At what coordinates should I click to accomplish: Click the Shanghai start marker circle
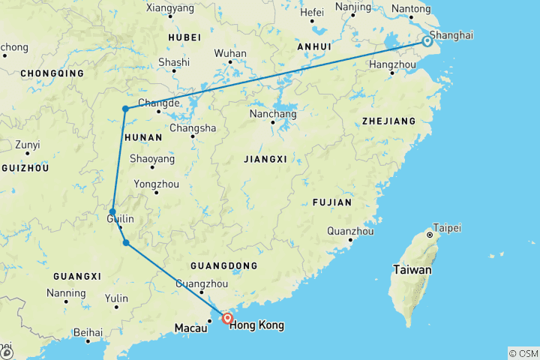[x=427, y=41]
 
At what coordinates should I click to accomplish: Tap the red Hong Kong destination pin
[x=228, y=319]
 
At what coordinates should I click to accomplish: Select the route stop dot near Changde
[x=125, y=109]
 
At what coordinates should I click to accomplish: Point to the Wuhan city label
[x=230, y=54]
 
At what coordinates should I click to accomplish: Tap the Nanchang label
[x=273, y=115]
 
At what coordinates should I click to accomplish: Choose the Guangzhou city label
[x=202, y=283]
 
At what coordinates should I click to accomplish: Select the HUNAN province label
[x=142, y=137]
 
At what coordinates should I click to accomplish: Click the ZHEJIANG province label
[x=388, y=121]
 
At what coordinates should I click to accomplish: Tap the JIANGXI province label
[x=265, y=159]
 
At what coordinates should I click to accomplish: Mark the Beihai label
[x=88, y=331]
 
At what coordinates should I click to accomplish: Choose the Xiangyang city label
[x=169, y=7]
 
